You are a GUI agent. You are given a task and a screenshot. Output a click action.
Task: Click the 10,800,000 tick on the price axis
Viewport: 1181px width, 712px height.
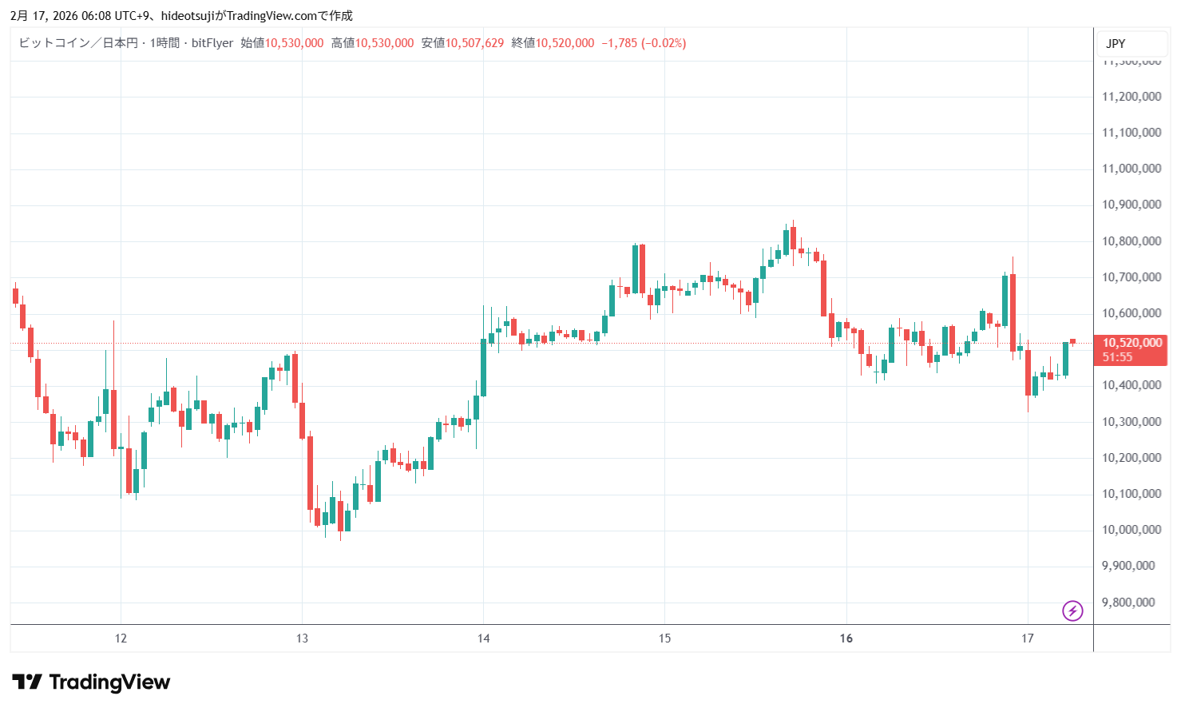[x=1131, y=241]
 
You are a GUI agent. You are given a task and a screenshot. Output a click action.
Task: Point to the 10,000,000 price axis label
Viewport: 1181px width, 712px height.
[x=1131, y=530]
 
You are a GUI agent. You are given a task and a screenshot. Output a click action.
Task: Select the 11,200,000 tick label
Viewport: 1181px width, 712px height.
[x=1131, y=97]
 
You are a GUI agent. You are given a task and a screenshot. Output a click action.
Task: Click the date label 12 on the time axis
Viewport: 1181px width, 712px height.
[x=121, y=638]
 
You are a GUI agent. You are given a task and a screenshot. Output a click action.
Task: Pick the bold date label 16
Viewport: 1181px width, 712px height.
[x=846, y=638]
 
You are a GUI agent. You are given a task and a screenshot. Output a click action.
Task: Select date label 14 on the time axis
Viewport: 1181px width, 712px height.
[x=483, y=638]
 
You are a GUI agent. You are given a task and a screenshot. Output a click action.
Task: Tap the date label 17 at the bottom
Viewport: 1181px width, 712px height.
[x=1028, y=638]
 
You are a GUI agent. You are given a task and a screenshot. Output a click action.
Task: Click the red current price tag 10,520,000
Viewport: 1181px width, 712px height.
[x=1131, y=344]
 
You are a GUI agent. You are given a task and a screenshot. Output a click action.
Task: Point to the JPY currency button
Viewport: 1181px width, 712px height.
[x=1116, y=44]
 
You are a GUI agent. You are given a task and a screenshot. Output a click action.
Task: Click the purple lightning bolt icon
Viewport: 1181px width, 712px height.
[x=1072, y=611]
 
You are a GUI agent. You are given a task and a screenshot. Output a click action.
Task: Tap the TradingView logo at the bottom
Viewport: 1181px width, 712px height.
[x=91, y=682]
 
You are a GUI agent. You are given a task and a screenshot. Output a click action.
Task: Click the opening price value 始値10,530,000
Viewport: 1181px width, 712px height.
[x=283, y=43]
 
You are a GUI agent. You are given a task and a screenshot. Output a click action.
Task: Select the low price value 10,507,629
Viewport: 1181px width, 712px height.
[x=463, y=43]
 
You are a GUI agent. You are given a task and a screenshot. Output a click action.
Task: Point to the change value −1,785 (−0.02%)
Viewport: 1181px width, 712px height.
[x=644, y=43]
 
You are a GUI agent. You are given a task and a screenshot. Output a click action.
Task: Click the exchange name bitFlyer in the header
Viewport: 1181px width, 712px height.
[x=212, y=43]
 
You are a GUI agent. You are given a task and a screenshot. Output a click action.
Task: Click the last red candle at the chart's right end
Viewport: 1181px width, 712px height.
[x=1073, y=341]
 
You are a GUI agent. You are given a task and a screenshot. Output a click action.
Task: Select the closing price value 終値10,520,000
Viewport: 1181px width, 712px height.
[x=553, y=43]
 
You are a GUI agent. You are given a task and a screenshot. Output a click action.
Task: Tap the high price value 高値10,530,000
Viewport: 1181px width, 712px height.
[x=373, y=43]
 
